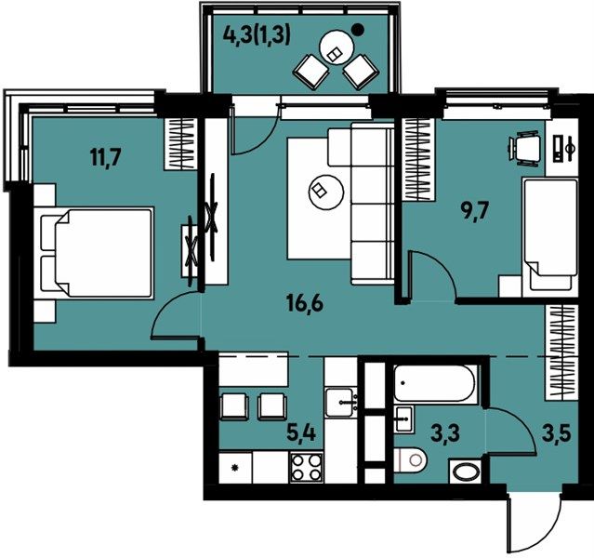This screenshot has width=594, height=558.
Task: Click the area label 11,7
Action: [x=106, y=156]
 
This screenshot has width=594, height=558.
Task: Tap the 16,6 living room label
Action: [x=305, y=303]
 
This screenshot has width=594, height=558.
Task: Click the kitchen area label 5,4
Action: [x=301, y=432]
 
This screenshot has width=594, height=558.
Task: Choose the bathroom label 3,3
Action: [x=446, y=432]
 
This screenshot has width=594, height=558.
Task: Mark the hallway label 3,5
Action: [x=557, y=432]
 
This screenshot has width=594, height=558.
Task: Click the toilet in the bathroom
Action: [x=410, y=459]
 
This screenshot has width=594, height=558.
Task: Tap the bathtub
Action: [x=436, y=383]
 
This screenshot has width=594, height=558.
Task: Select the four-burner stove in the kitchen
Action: [x=307, y=468]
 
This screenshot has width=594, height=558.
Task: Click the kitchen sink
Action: [x=342, y=403]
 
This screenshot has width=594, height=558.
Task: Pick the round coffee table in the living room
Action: [x=326, y=191]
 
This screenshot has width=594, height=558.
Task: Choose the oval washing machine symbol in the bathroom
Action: [x=466, y=472]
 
